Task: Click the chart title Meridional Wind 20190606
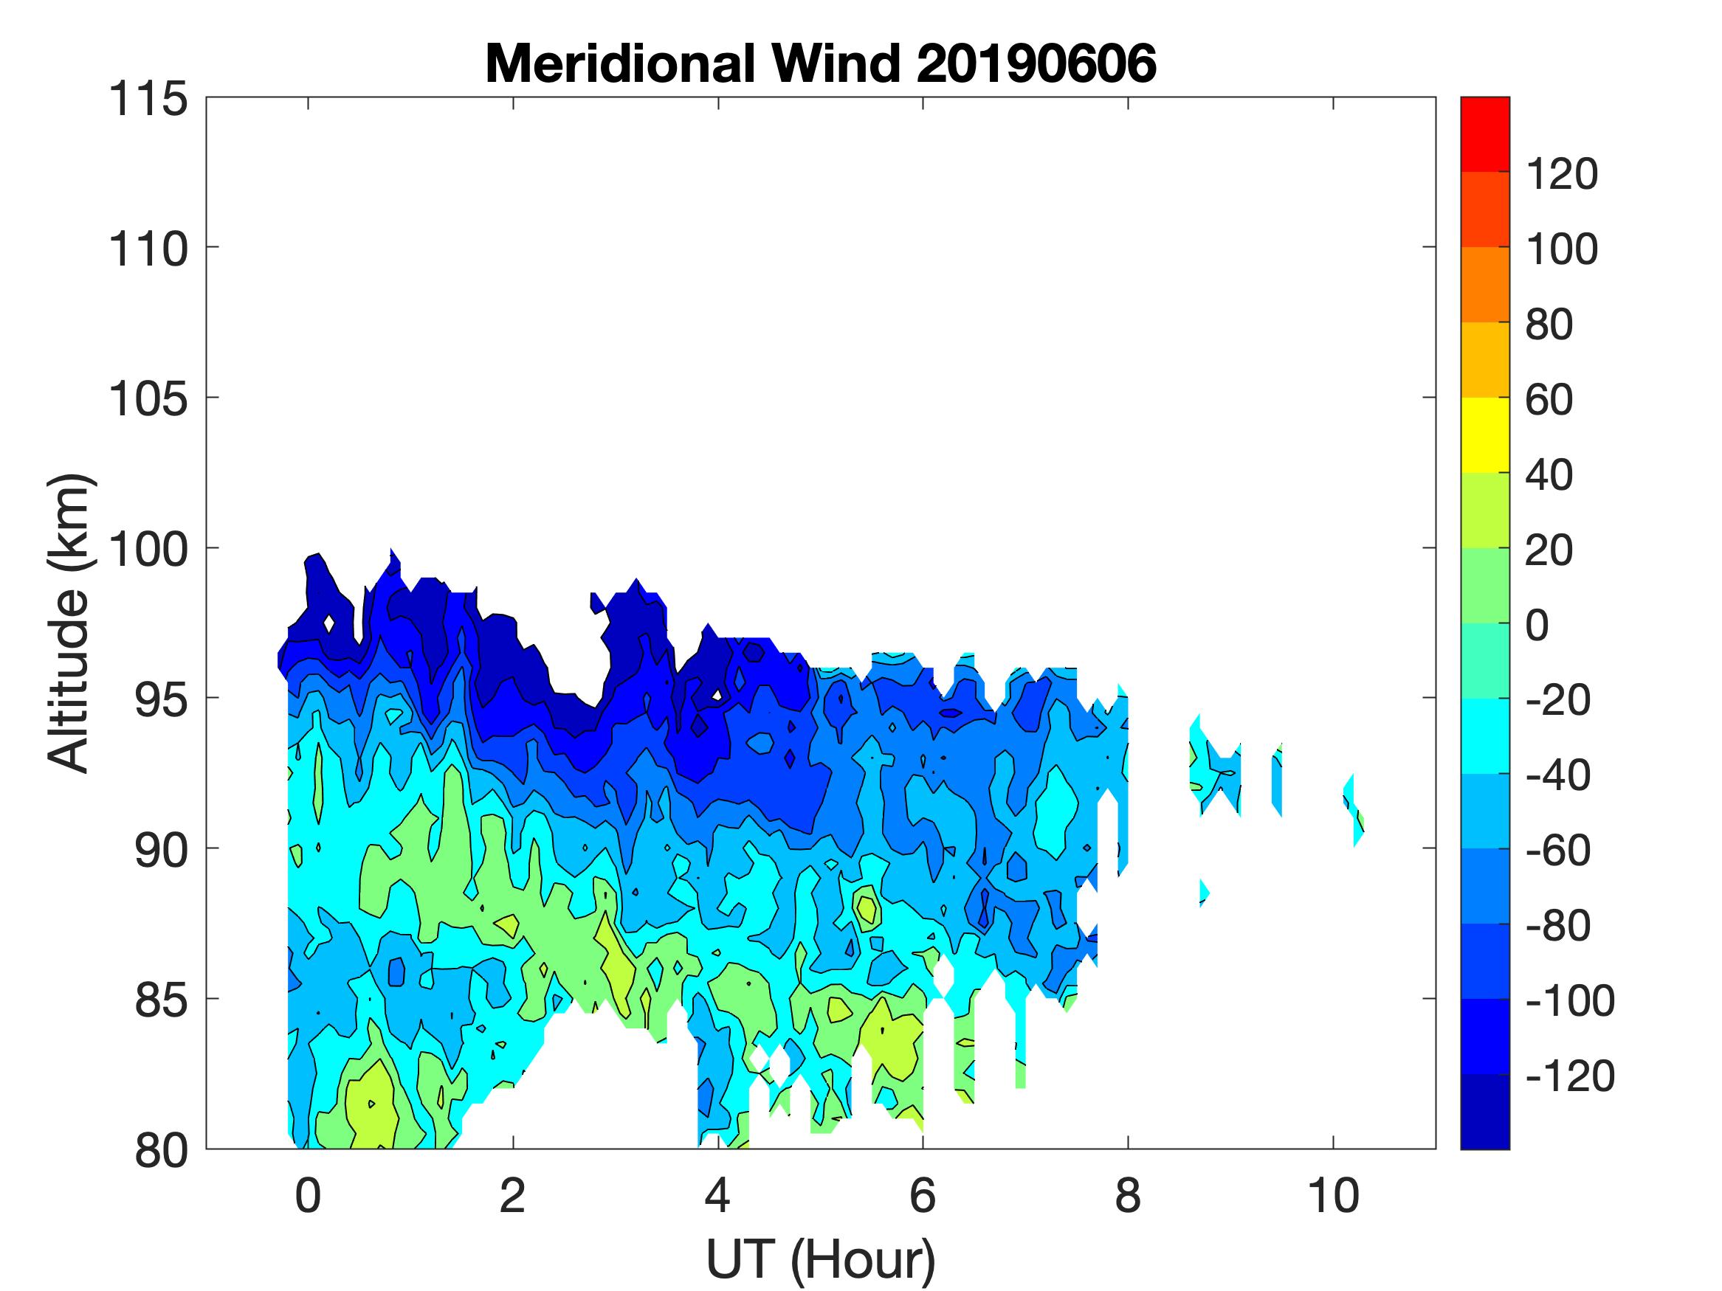(821, 63)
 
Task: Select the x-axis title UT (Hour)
(821, 1259)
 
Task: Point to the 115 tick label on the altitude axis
(148, 100)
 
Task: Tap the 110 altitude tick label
(148, 250)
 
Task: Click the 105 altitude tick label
(148, 400)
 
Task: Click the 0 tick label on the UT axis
(308, 1196)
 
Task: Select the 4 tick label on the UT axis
(717, 1196)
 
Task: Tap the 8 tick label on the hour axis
(1127, 1196)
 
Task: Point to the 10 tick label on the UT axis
(1333, 1196)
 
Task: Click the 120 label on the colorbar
(1561, 174)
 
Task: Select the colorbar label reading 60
(1549, 400)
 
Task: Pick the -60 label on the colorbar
(1557, 851)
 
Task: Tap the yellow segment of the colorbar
(1484, 435)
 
